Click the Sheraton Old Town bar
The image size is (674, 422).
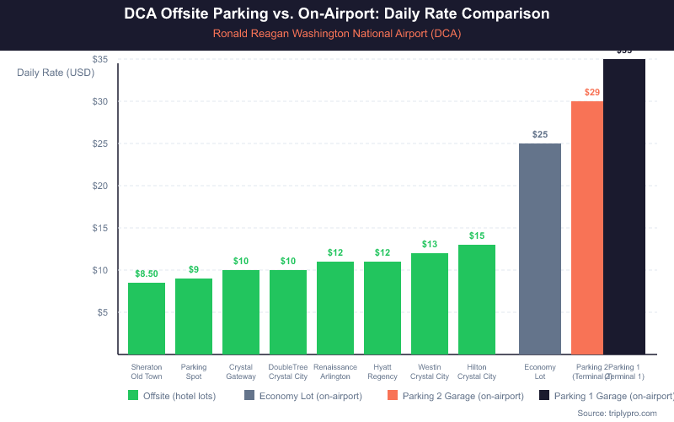point(147,318)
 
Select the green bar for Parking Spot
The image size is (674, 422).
point(194,316)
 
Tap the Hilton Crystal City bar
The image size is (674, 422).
point(477,300)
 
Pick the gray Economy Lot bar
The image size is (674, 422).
point(540,249)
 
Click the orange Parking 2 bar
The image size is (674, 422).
point(587,228)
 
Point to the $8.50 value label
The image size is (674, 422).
point(147,274)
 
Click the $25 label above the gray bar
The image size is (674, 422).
point(540,135)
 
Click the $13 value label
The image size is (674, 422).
point(430,245)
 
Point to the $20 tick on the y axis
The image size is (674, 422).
point(100,186)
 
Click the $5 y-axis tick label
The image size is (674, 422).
point(103,312)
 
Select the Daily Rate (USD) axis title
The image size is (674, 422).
point(56,72)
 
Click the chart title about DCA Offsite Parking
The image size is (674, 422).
point(337,14)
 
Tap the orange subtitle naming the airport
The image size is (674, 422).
point(337,34)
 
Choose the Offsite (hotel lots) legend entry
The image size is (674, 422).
point(172,395)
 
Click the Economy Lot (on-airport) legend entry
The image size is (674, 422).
point(302,395)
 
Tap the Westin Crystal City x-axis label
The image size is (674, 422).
point(430,372)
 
